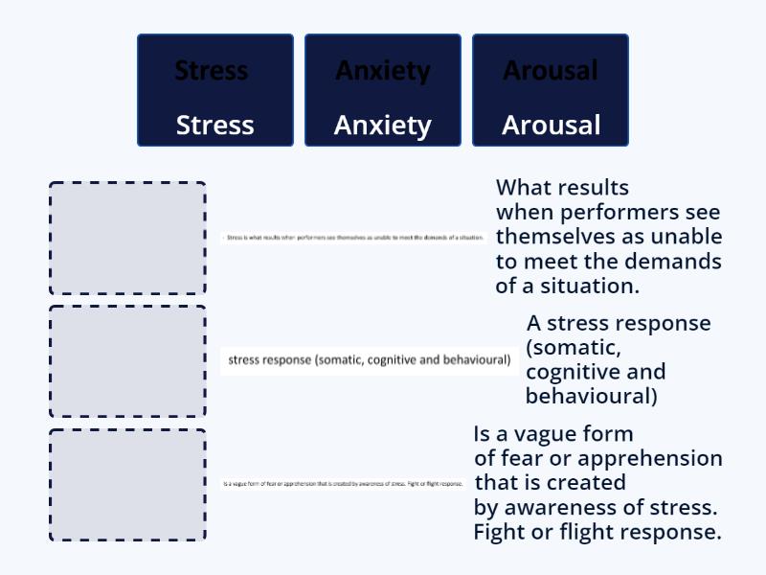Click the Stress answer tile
point(214,90)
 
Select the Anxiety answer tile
point(382,90)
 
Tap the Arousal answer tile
point(551,90)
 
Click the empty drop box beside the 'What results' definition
point(127,239)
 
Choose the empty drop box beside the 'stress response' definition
point(127,361)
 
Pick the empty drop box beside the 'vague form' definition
point(127,485)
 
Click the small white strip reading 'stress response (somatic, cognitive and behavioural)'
point(369,360)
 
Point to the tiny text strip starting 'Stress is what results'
point(353,237)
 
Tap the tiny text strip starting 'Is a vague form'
point(343,483)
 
